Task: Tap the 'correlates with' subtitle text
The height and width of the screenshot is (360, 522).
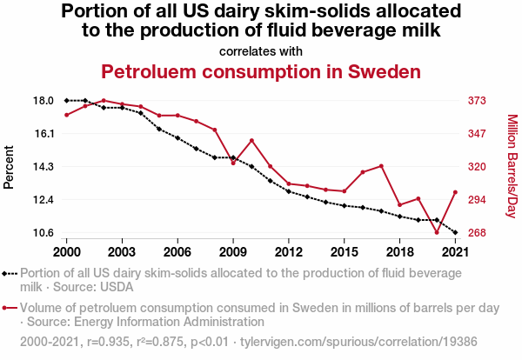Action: click(x=261, y=50)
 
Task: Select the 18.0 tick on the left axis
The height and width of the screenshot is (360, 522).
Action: click(x=43, y=101)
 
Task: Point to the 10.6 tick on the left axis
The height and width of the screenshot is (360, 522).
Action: click(x=43, y=233)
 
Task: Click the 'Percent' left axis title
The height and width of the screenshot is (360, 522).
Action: click(x=10, y=167)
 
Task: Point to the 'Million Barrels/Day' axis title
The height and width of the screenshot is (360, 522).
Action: click(x=512, y=166)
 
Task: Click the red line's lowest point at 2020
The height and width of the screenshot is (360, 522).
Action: click(x=437, y=232)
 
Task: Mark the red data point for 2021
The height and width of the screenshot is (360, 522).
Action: click(x=455, y=192)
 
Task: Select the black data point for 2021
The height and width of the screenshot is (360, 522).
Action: click(x=455, y=232)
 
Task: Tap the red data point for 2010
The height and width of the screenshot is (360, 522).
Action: click(x=251, y=141)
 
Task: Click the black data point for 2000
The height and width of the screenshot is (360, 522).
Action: click(x=66, y=101)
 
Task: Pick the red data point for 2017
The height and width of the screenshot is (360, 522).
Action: click(x=381, y=165)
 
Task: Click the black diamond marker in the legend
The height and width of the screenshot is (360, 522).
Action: click(x=7, y=273)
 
